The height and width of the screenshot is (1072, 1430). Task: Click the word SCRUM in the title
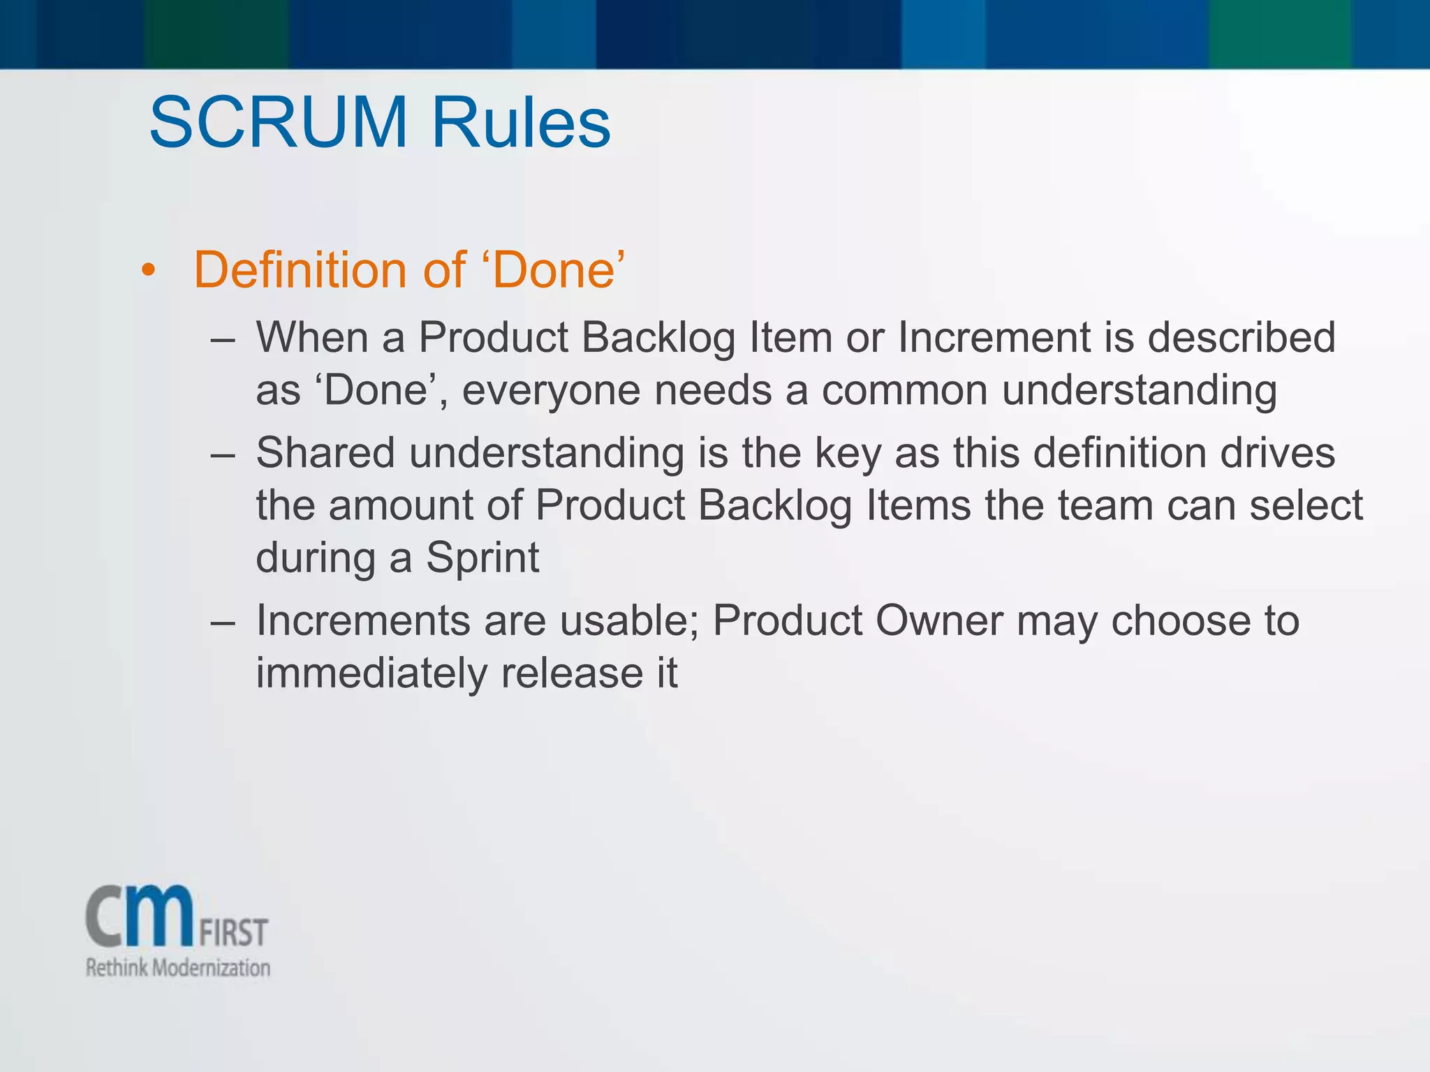pos(278,123)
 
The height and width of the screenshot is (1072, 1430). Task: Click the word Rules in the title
pos(521,123)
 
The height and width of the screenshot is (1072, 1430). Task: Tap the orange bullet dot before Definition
pos(147,270)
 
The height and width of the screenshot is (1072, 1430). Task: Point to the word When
pos(311,338)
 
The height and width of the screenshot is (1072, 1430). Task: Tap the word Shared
pos(325,453)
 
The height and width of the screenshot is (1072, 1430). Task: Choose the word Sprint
pos(482,559)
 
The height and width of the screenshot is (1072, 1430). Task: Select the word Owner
pos(938,620)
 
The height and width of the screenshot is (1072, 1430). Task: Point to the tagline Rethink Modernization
pos(177,968)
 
